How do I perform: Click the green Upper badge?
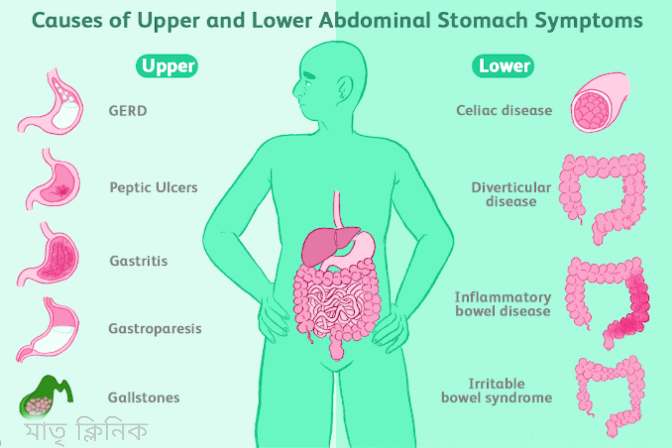pos(167,66)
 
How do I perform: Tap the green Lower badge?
pos(503,66)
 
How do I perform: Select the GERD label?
pos(128,111)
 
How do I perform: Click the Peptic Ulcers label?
pos(153,187)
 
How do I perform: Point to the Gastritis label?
pos(139,261)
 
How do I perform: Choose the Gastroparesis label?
pos(155,329)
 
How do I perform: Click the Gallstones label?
pos(144,397)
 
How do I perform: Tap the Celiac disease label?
pos(504,110)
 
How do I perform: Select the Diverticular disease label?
pos(511,194)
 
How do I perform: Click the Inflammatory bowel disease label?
pos(503,304)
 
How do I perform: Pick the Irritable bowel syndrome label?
pos(497,390)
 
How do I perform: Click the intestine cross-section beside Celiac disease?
pos(597,104)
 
